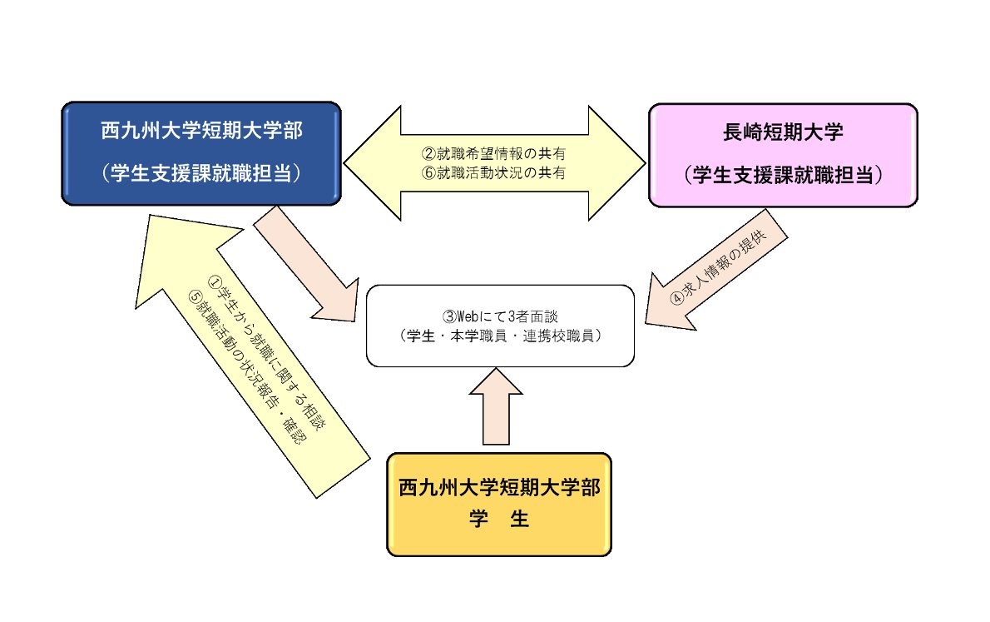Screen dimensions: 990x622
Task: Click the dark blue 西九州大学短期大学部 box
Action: pos(201,153)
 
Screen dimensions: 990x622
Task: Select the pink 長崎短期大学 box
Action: pos(783,156)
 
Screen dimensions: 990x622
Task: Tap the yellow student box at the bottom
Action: pos(499,505)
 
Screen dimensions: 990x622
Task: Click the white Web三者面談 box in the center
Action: pos(500,326)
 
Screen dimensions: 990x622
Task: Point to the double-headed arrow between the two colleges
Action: pos(494,163)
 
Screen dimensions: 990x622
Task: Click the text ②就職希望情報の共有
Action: pos(493,153)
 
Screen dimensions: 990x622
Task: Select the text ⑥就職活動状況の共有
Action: pos(493,172)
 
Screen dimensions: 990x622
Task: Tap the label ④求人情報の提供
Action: pos(719,266)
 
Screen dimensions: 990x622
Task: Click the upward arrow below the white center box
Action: pos(497,406)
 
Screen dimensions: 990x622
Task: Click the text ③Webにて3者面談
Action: pos(500,316)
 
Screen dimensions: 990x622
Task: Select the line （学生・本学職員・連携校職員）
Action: pos(500,336)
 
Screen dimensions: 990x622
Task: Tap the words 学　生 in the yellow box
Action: pos(499,519)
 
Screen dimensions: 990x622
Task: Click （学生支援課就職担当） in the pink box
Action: pos(783,175)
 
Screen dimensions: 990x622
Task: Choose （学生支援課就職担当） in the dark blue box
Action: pos(201,172)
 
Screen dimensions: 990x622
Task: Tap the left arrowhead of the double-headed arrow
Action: pos(373,163)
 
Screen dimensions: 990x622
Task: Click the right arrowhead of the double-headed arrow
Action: pos(616,163)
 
